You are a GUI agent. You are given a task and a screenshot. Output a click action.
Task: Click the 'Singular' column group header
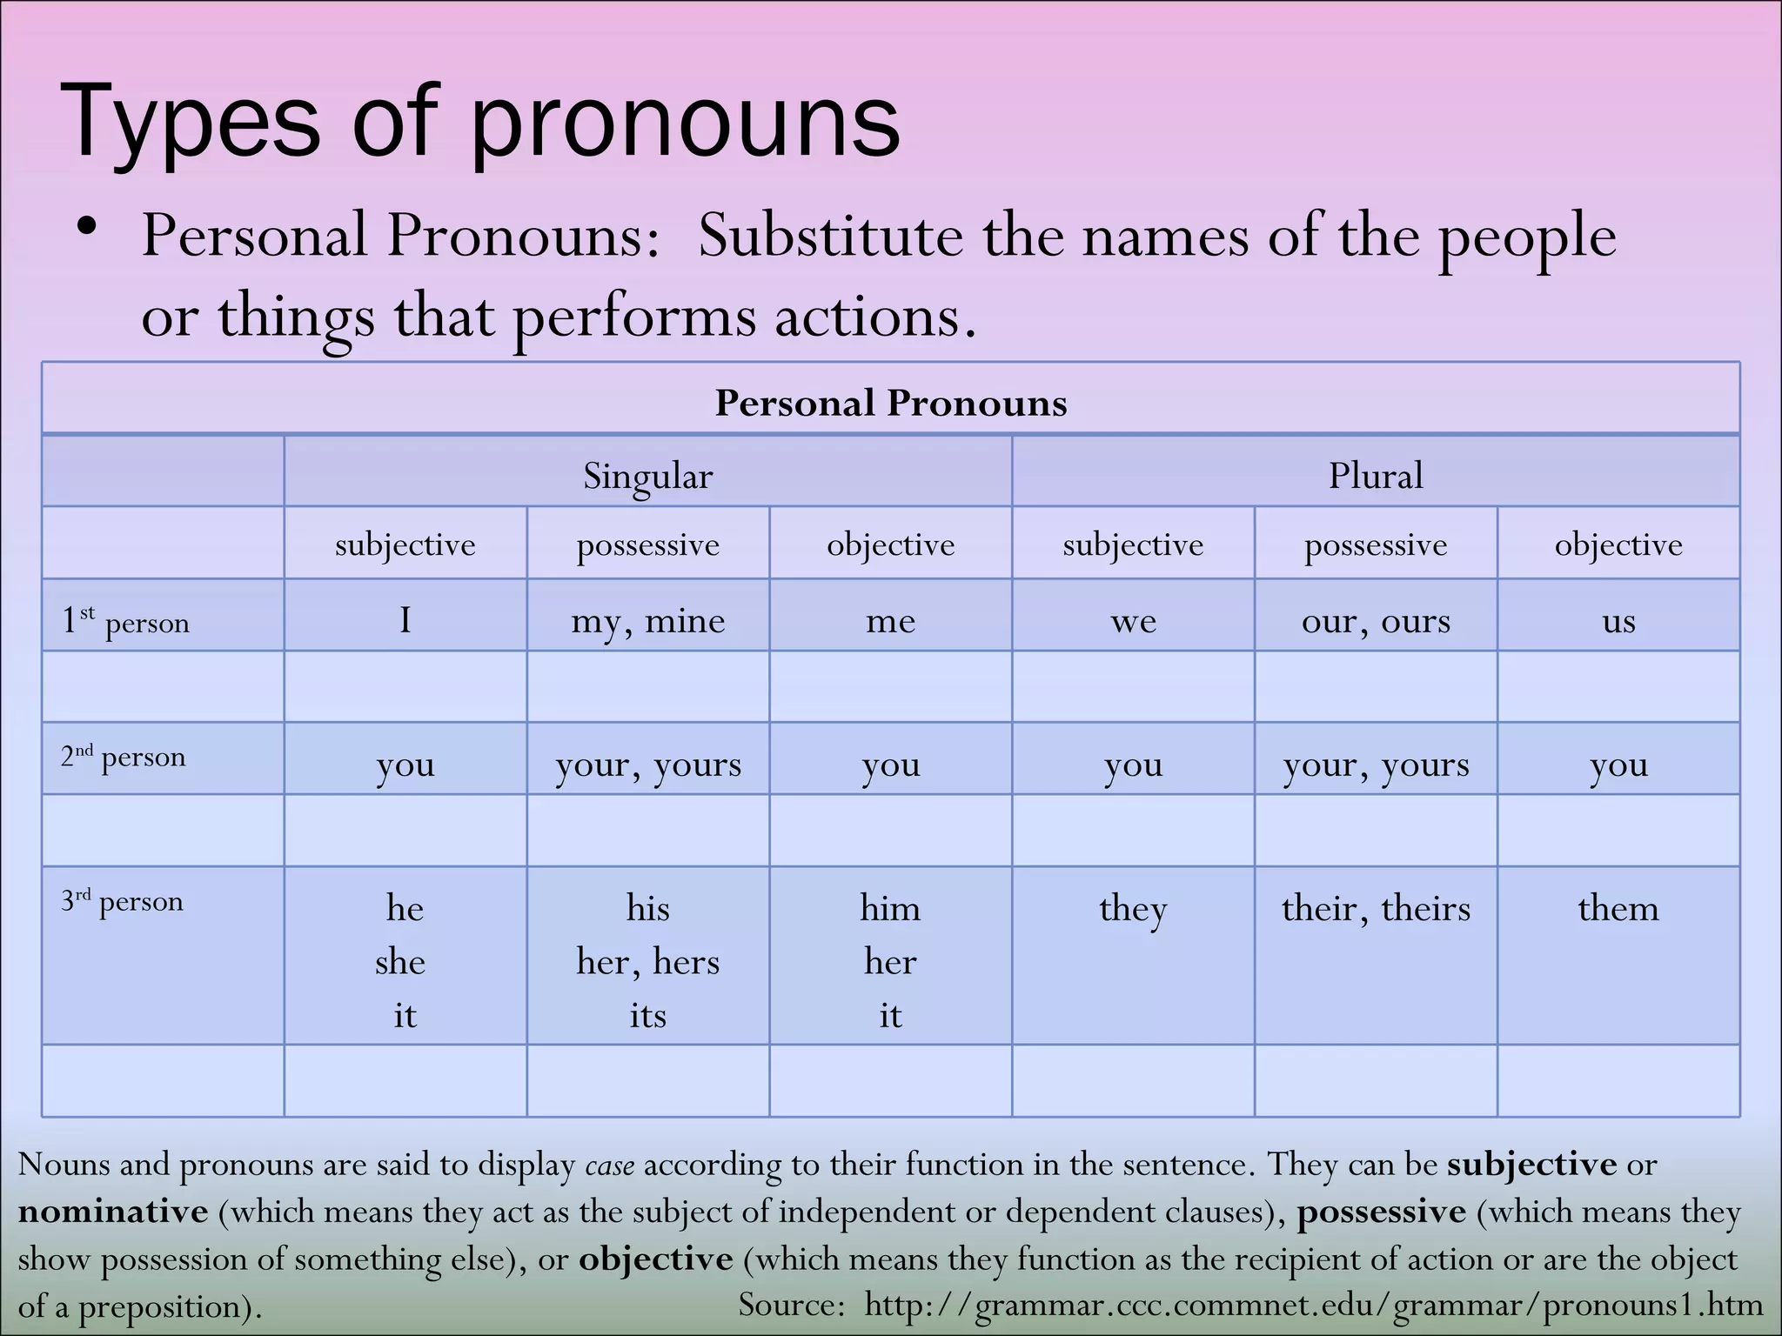647,476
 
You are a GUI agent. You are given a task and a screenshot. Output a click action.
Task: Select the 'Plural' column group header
1375,476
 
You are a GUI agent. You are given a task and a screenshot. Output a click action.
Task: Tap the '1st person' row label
125,621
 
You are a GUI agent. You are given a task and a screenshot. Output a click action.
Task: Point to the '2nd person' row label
124,757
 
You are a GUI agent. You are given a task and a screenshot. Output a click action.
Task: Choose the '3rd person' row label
122,901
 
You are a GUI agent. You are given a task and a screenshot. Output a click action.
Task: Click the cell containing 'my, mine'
647,621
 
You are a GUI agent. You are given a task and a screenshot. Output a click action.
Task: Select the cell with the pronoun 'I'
405,620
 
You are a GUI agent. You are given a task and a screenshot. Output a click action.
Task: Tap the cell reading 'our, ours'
1375,621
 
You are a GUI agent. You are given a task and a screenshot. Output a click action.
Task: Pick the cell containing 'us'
1618,621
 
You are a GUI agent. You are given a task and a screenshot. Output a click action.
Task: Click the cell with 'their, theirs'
1375,909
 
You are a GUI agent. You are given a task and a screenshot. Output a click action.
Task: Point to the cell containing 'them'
1618,909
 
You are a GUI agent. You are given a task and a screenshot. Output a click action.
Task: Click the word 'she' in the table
400,962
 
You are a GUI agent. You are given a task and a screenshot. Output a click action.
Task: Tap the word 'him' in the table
890,909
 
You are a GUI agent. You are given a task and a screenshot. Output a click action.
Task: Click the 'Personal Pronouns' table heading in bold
890,403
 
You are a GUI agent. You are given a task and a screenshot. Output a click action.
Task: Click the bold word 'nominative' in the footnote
113,1212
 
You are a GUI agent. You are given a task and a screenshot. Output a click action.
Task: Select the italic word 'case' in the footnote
609,1165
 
